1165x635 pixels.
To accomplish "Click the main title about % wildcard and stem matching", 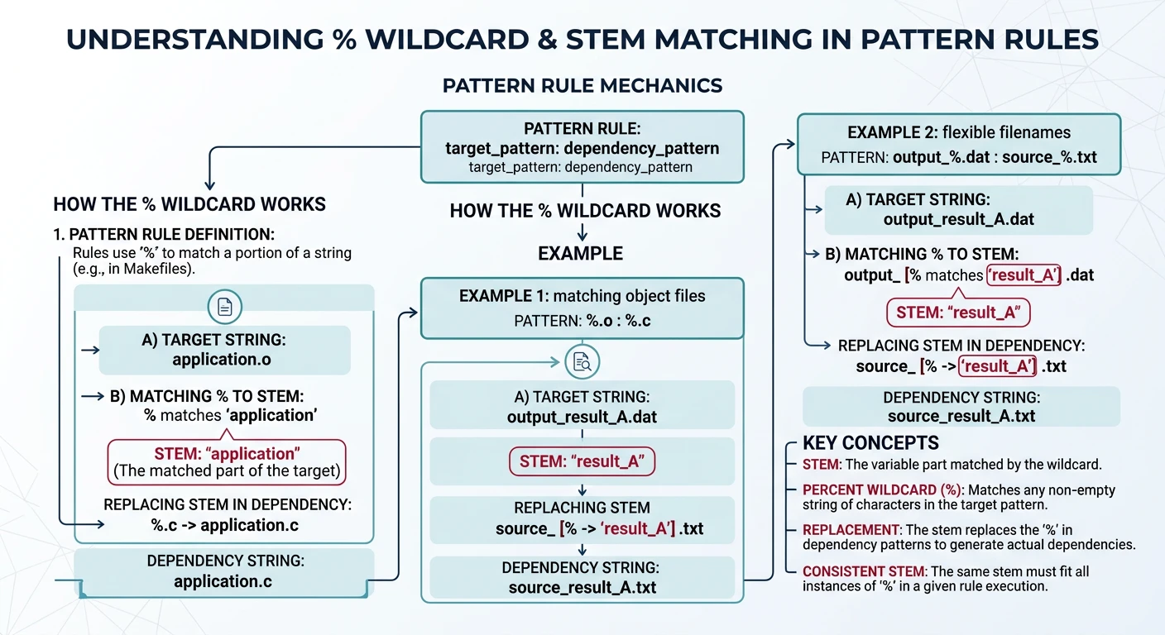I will (x=582, y=39).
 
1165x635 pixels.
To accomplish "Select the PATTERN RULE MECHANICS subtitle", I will (x=582, y=86).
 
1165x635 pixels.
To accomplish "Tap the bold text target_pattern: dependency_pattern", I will (x=582, y=149).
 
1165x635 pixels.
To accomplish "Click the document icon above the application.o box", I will (x=224, y=308).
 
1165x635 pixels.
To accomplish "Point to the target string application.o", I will (x=221, y=360).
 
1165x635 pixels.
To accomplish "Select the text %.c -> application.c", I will (x=224, y=525).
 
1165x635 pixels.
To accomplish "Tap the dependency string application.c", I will (x=223, y=581).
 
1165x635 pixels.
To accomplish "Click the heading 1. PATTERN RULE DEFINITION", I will (x=164, y=234).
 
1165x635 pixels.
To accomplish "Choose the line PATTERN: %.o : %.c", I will (x=582, y=320).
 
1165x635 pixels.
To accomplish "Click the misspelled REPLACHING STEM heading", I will (x=582, y=508).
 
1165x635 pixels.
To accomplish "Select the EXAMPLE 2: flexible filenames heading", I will (x=959, y=133).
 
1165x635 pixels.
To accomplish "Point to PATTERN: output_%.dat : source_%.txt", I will (x=959, y=156).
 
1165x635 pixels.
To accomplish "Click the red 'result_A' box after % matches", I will (x=1024, y=275).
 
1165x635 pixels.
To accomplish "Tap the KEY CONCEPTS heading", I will (x=870, y=442).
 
